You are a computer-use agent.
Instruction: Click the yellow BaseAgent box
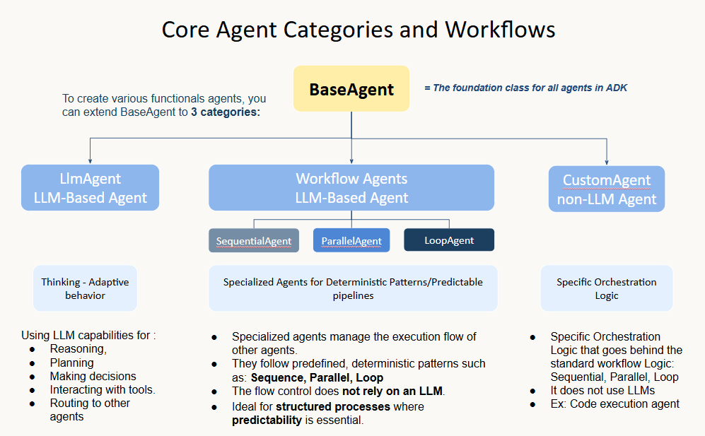coord(351,89)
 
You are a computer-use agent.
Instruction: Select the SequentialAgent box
coord(254,240)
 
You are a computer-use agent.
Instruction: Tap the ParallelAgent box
coord(351,240)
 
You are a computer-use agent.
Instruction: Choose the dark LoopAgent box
coord(449,240)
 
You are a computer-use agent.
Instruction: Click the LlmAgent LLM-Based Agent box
coord(90,188)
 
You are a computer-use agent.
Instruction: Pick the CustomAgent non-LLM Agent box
coord(607,189)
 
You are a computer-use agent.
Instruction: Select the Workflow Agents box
coord(351,188)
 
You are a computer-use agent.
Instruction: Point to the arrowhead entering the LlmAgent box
coord(90,161)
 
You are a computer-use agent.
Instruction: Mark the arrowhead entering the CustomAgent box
coord(607,162)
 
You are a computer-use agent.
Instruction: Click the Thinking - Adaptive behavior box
coord(85,288)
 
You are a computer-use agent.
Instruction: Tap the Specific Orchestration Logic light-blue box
coord(607,288)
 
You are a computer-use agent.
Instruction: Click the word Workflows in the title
coord(500,30)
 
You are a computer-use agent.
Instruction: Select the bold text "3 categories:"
coord(226,112)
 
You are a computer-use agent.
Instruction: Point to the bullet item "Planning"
coord(71,363)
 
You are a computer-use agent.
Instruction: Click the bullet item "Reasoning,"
coord(78,349)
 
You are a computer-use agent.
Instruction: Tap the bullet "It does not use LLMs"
coord(602,390)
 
